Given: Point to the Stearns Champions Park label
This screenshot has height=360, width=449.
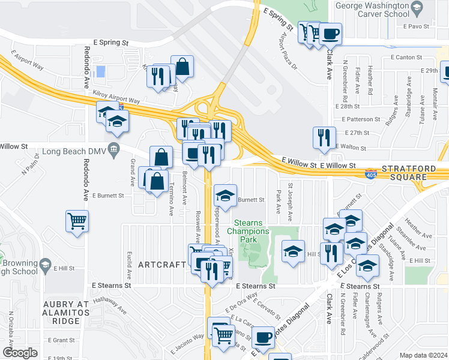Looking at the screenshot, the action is [x=244, y=231].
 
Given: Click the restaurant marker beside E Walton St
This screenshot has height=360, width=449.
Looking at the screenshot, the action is [x=324, y=137].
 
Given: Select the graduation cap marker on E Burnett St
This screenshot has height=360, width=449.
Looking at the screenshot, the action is [x=225, y=196].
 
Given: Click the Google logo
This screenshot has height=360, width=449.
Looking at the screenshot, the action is [x=20, y=353].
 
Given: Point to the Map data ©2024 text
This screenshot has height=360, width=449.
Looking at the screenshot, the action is [x=424, y=355].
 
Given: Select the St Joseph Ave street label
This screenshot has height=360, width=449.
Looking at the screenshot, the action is [x=291, y=201].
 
